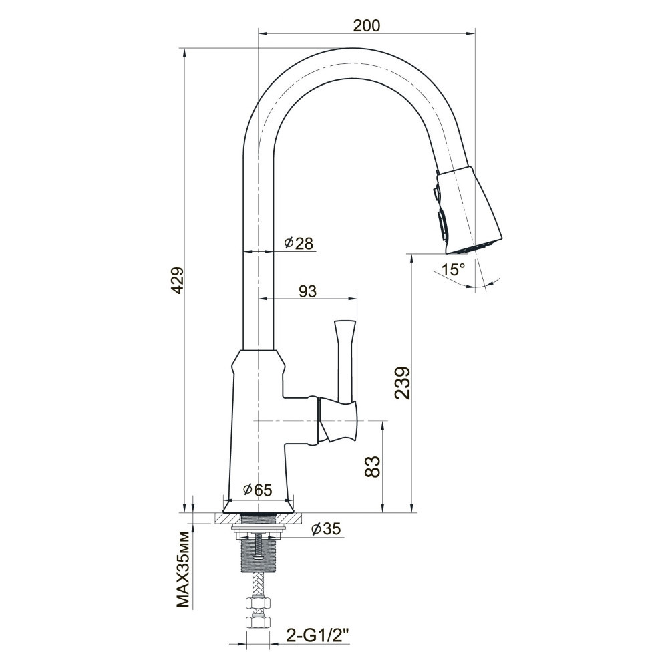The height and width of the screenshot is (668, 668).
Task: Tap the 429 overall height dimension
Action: (177, 280)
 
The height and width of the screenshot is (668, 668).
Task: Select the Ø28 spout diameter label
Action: (299, 243)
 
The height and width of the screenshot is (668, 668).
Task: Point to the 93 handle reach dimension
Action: (307, 291)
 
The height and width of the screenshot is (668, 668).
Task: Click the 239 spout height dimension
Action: (403, 382)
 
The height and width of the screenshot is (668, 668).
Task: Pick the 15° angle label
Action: (453, 269)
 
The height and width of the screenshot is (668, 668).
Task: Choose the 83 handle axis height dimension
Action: (372, 466)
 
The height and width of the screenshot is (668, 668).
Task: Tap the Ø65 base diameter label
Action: (257, 490)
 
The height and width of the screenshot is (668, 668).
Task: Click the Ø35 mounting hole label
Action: (327, 528)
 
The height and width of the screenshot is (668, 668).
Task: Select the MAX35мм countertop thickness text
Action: (182, 568)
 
